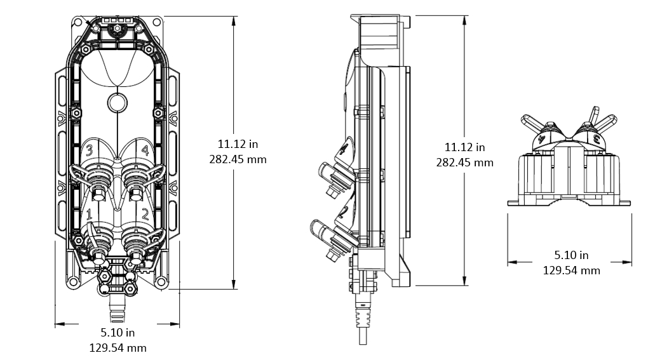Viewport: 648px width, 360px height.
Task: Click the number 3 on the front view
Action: (x=90, y=150)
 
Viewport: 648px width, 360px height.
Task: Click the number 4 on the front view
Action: (x=145, y=150)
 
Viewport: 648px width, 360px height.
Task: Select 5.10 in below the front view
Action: (x=118, y=332)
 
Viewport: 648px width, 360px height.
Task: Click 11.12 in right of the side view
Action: (x=464, y=147)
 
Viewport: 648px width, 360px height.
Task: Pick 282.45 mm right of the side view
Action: (x=464, y=162)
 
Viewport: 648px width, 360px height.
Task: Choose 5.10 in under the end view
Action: (x=571, y=255)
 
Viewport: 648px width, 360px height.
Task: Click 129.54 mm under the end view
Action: (x=571, y=270)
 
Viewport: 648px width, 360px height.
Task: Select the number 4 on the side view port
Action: (x=344, y=150)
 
